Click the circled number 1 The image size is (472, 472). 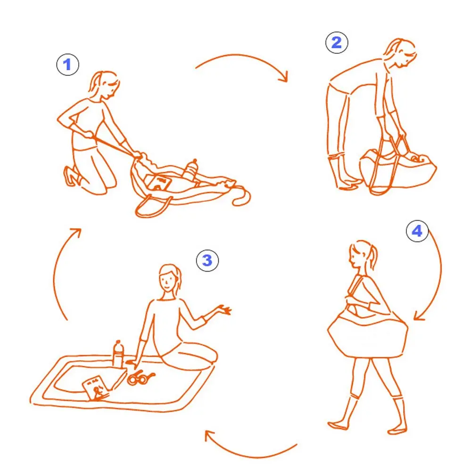pos(68,65)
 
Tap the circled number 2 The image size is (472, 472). pos(337,42)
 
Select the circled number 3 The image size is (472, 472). pos(207,260)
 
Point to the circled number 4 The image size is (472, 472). pos(417,231)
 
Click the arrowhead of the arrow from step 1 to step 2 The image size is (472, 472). pos(284,77)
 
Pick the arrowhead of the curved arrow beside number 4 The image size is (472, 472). pos(419,315)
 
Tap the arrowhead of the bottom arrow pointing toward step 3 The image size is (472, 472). pos(209,436)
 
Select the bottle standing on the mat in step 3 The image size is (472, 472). pos(118,354)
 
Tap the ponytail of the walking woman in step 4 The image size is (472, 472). pos(373,257)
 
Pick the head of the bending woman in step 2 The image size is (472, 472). pos(401,53)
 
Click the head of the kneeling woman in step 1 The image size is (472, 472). pos(105,85)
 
